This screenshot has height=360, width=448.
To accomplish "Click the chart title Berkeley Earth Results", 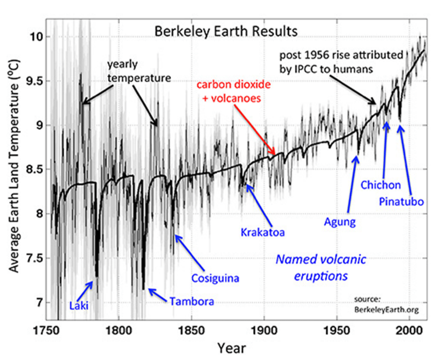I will tap(226, 31).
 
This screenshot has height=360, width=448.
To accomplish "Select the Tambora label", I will tap(192, 302).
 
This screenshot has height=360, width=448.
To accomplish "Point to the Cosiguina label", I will tap(215, 278).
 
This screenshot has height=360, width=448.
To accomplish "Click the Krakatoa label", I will tap(263, 232).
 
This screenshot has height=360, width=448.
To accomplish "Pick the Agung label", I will tap(341, 222).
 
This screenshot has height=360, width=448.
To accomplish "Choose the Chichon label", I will tap(381, 185).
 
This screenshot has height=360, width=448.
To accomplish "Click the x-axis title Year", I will tap(231, 347).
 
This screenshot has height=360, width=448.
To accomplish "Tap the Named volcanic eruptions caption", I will tap(320, 267).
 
